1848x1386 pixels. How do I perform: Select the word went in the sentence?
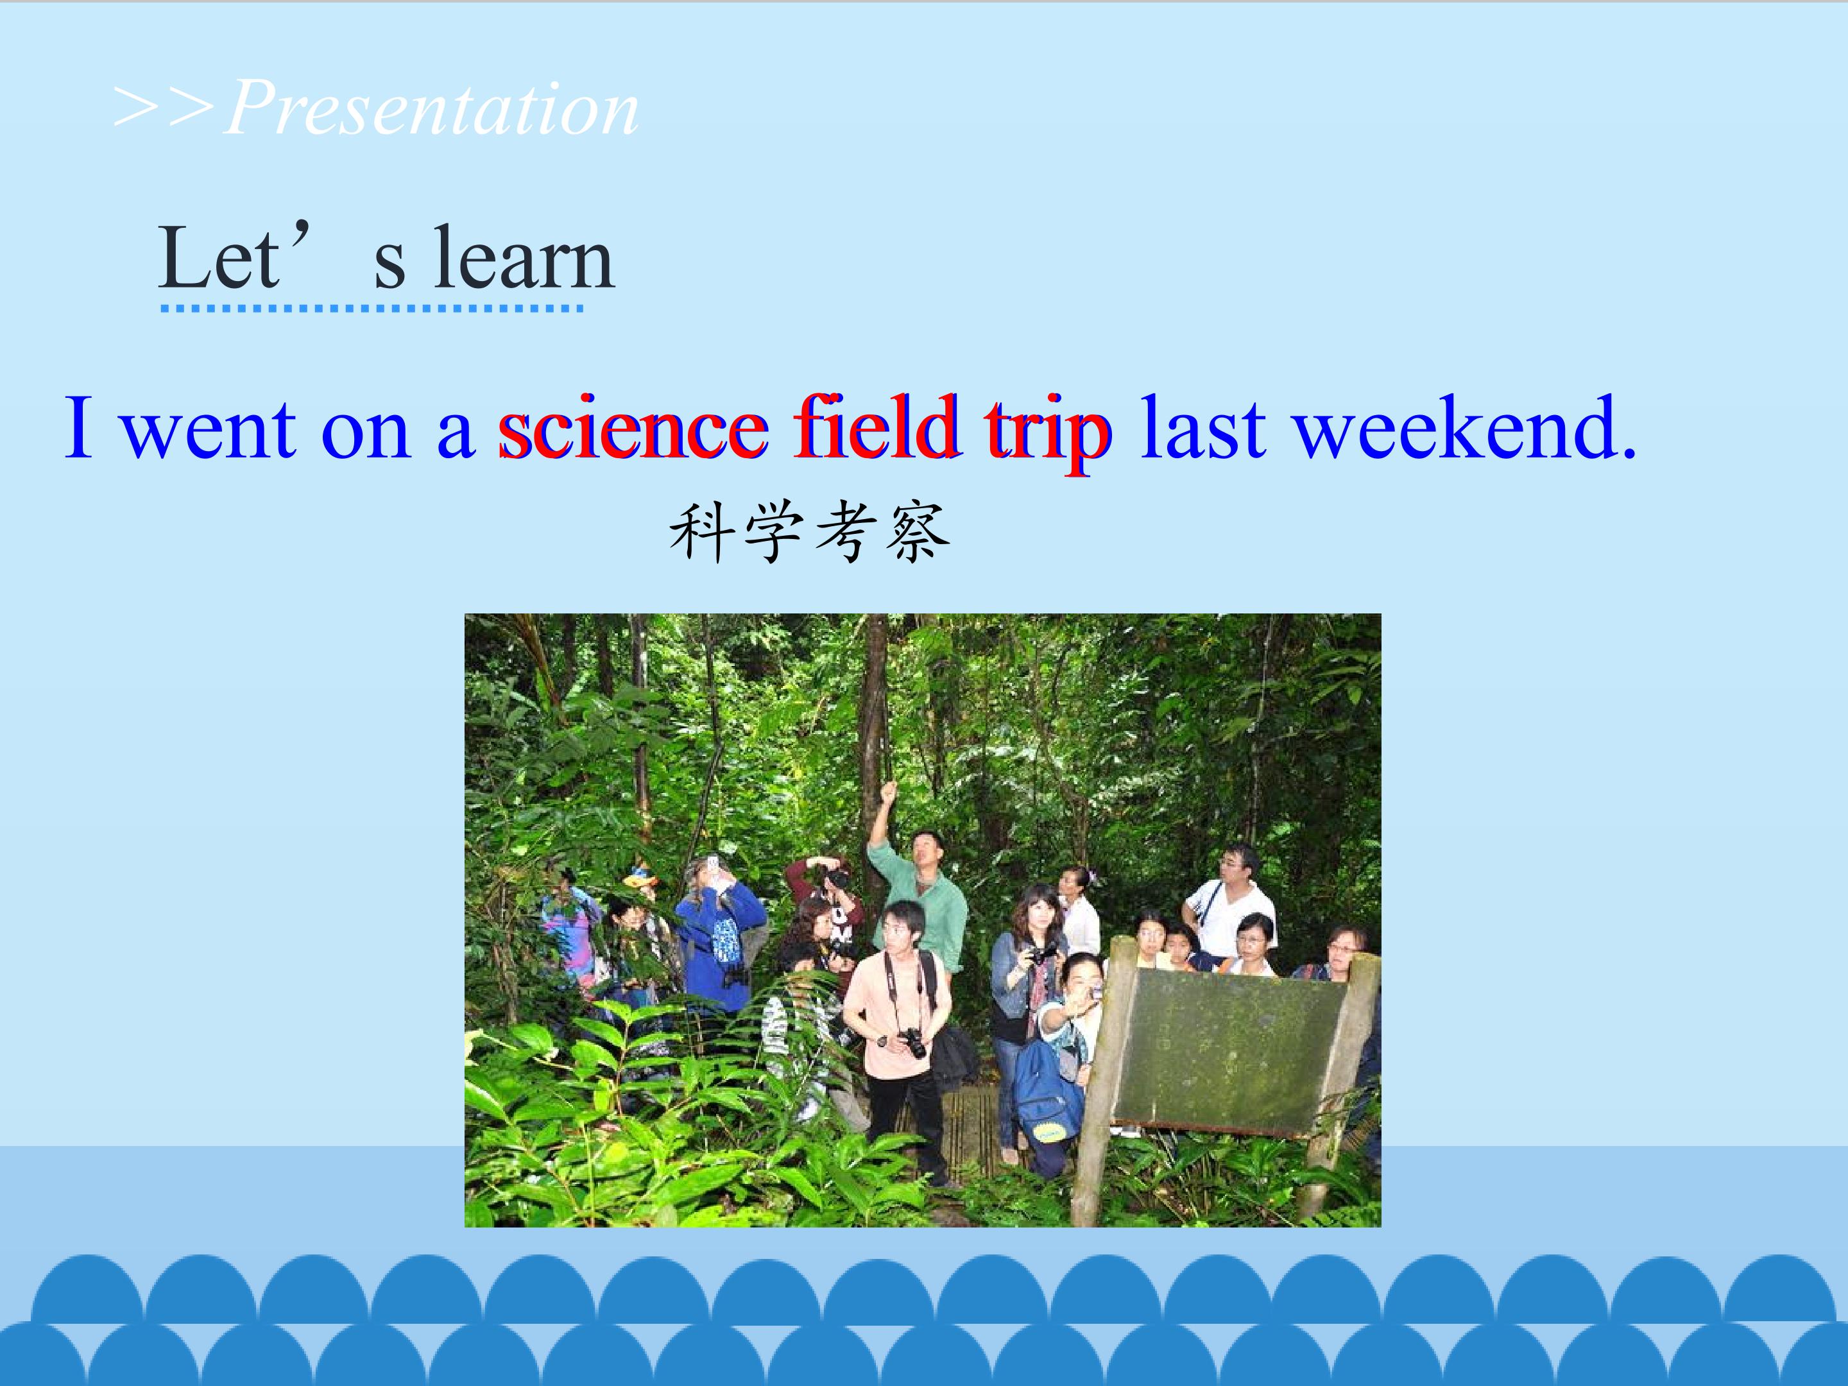[209, 432]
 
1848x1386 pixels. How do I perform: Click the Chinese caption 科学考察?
[810, 533]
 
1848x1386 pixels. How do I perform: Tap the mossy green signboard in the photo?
[1229, 1051]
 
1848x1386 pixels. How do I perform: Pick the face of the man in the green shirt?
[925, 851]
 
